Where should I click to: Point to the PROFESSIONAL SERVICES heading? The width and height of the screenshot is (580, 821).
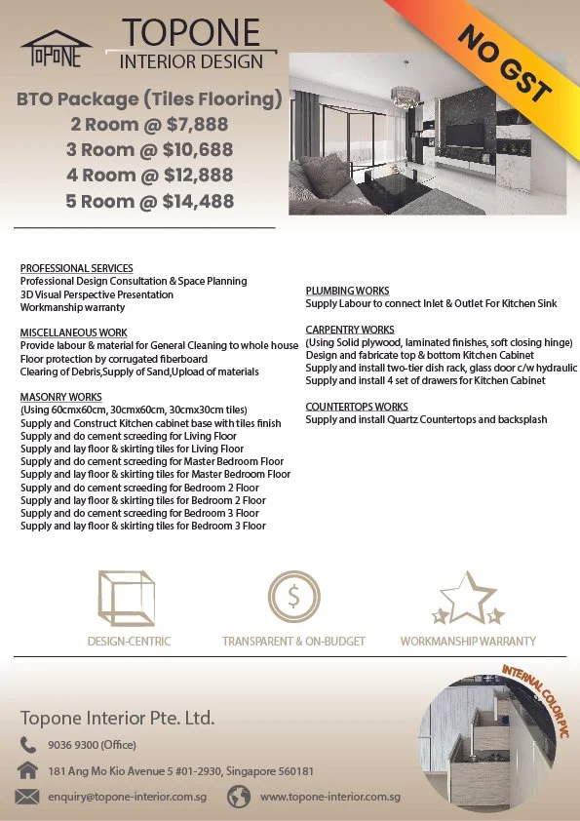pyautogui.click(x=76, y=268)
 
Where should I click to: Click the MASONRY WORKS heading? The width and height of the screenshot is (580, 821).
pyautogui.click(x=60, y=397)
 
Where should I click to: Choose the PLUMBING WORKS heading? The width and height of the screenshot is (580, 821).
pyautogui.click(x=347, y=291)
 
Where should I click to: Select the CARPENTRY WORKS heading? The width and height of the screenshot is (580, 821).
pyautogui.click(x=350, y=330)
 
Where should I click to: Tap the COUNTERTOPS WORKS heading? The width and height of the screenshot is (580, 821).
pyautogui.click(x=358, y=407)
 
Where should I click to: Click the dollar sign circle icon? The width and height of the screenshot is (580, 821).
pyautogui.click(x=293, y=598)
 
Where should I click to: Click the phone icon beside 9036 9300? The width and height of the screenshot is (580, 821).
pyautogui.click(x=28, y=745)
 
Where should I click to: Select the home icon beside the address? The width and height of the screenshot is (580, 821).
pyautogui.click(x=28, y=770)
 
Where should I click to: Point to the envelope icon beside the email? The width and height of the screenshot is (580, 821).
pyautogui.click(x=28, y=797)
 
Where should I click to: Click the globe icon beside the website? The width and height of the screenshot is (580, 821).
pyautogui.click(x=239, y=797)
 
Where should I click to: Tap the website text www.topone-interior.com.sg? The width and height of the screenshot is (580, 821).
pyautogui.click(x=330, y=797)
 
